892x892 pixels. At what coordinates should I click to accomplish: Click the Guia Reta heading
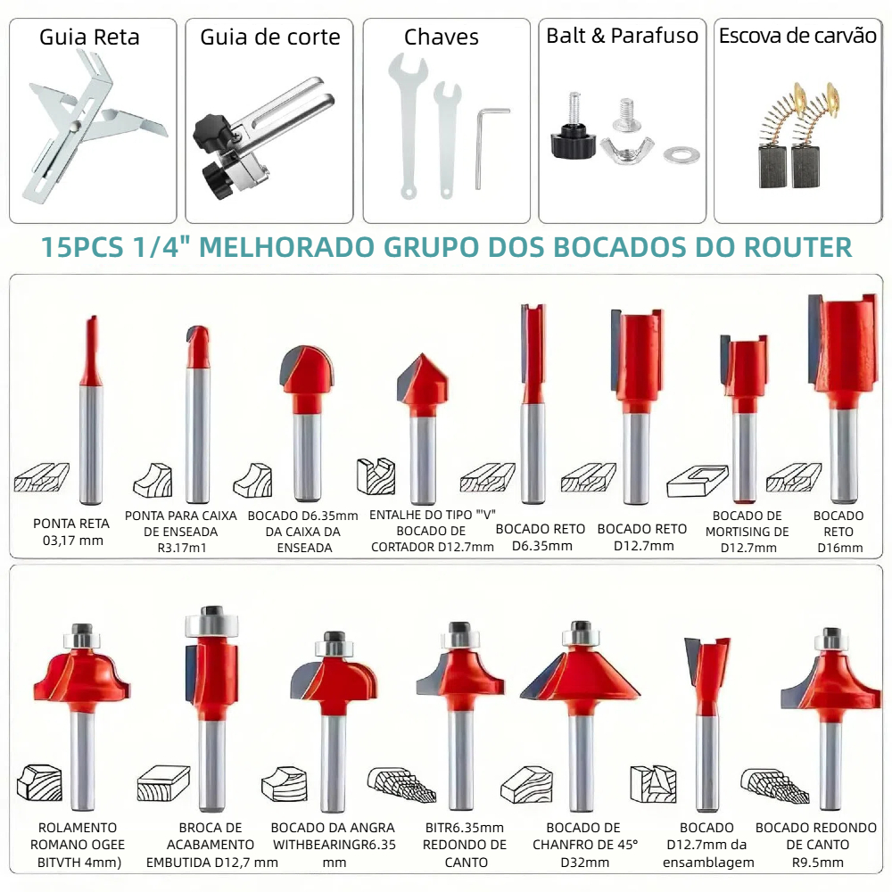(89, 37)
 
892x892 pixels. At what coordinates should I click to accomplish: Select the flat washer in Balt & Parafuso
(681, 154)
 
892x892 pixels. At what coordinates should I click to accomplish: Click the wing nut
(627, 151)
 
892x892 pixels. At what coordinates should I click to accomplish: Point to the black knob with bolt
(573, 134)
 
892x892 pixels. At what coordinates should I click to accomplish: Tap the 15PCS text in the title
(82, 247)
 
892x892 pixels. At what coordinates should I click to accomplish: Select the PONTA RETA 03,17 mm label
(71, 532)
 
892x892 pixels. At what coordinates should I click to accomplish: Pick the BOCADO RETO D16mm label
(839, 532)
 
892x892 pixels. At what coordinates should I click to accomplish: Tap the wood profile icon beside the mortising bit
(698, 482)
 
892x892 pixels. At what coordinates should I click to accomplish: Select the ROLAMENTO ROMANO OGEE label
(78, 845)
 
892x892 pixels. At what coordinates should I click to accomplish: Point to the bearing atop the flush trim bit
(211, 622)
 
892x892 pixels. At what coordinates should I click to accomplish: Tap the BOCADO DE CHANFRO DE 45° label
(585, 845)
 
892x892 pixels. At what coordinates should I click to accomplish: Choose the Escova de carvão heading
(797, 36)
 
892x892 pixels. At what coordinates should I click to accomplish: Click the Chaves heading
(442, 37)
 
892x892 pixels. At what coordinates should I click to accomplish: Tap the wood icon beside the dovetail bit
(653, 784)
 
